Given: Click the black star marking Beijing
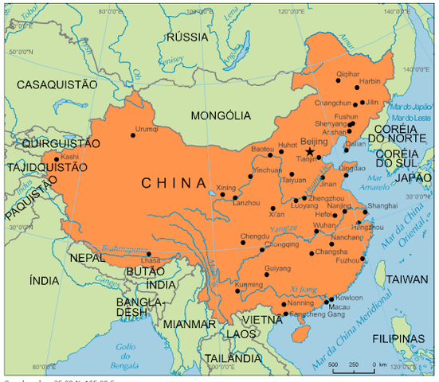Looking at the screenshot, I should pyautogui.click(x=311, y=150).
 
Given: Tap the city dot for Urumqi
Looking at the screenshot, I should pyautogui.click(x=132, y=135).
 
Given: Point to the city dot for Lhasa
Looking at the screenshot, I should pyautogui.click(x=147, y=254).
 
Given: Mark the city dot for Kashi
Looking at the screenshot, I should pyautogui.click(x=56, y=158).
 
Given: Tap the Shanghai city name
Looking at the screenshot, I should pyautogui.click(x=382, y=206).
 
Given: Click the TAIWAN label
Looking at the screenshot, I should pyautogui.click(x=407, y=280).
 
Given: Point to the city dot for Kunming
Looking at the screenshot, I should pyautogui.click(x=237, y=290).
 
